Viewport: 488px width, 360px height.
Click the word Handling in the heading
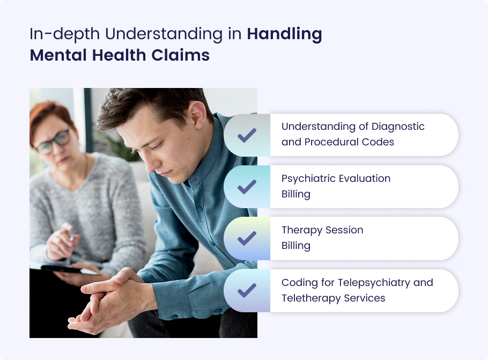pos(284,34)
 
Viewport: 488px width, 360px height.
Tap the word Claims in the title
pos(181,55)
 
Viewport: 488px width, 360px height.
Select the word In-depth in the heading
pos(65,34)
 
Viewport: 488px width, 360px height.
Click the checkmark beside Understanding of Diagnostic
pos(247,135)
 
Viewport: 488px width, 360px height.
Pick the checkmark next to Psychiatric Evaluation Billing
pos(247,187)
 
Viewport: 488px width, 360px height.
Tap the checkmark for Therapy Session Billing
pos(247,239)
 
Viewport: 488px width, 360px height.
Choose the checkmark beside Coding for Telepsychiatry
pos(247,291)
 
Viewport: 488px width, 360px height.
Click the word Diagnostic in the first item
pos(398,127)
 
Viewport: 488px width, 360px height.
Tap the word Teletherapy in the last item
pos(311,298)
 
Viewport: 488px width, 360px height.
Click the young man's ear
pos(197,114)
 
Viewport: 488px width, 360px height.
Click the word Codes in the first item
pos(378,142)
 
